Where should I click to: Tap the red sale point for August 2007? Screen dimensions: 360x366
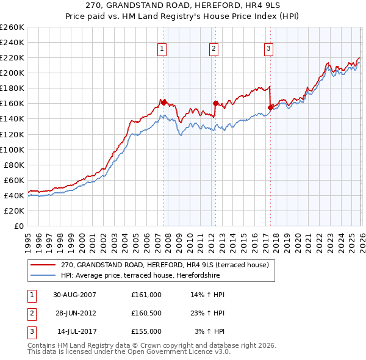coord(163,103)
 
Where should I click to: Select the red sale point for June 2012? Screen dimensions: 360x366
coord(215,103)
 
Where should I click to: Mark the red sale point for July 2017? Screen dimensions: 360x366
coord(270,107)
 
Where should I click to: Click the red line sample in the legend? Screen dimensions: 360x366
coord(43,265)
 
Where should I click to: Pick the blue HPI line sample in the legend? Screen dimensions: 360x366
coord(43,275)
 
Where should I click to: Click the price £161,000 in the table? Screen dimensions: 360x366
coord(146,294)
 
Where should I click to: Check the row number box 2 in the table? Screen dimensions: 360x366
coord(32,313)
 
